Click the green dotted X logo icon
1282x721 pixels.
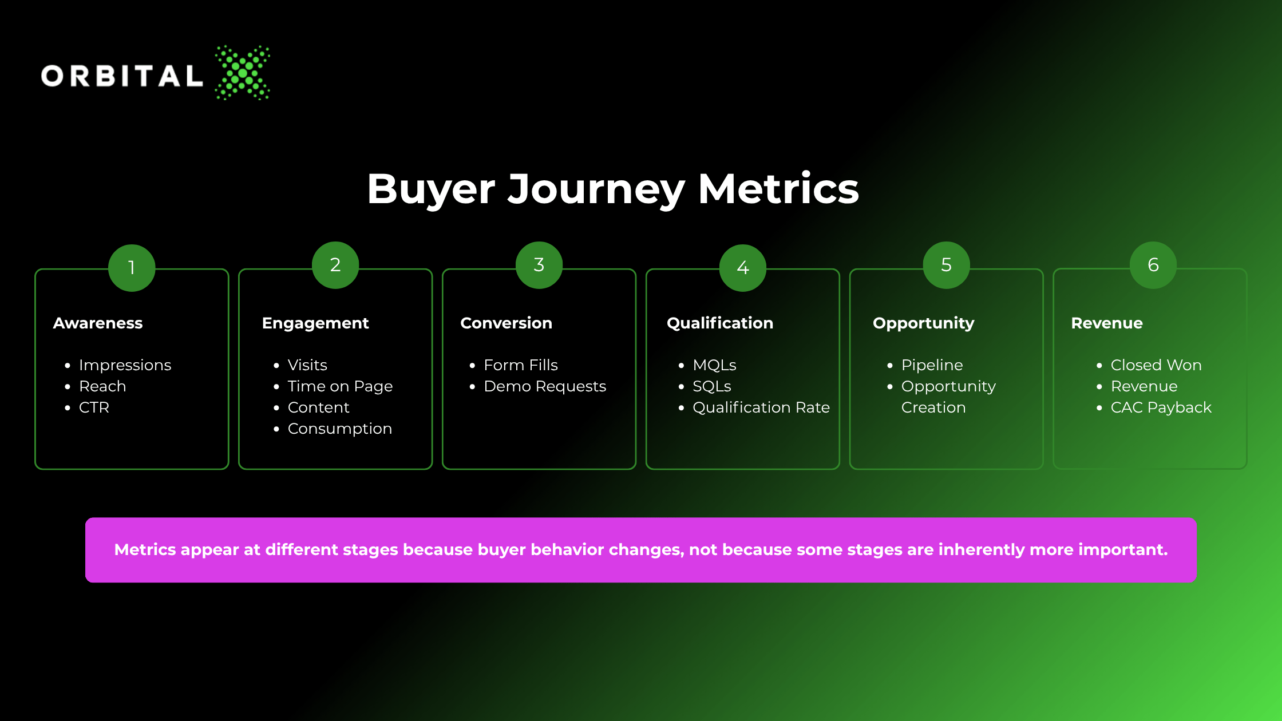[243, 73]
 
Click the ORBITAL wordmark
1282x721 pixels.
[122, 76]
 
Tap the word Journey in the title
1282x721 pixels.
[596, 190]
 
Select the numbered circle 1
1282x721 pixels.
[132, 268]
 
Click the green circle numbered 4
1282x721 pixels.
[743, 268]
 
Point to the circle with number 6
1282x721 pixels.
[1153, 265]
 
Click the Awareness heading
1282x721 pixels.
[98, 323]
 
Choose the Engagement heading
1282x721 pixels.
[315, 324]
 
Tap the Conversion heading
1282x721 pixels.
[507, 323]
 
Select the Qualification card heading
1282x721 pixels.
[720, 323]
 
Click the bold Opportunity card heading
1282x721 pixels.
[924, 324]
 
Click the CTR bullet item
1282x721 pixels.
[94, 407]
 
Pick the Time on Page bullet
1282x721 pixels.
[340, 387]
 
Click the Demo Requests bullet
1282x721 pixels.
[545, 387]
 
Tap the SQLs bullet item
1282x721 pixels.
[712, 386]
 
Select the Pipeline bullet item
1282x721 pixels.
[932, 366]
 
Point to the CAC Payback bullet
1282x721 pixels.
[1161, 408]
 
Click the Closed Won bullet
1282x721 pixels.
[1156, 365]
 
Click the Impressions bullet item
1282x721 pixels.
[125, 366]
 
